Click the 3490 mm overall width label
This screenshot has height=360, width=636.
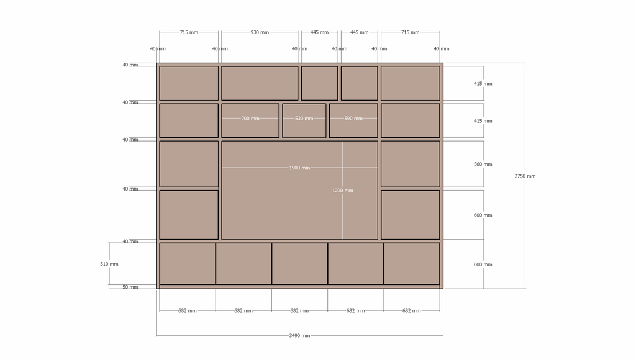[x=299, y=335]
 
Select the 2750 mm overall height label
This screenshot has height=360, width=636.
[x=525, y=176]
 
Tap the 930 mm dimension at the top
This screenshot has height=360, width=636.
[x=260, y=32]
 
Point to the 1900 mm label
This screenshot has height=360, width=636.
[x=299, y=168]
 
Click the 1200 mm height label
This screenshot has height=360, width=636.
[x=342, y=191]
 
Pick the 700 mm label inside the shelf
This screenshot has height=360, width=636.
[x=250, y=119]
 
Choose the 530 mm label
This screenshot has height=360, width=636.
[x=304, y=119]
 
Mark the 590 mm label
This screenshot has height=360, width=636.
[x=353, y=119]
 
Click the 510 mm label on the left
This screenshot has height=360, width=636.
[x=109, y=264]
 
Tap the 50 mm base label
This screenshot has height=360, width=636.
[x=130, y=287]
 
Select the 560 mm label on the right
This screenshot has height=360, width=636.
[x=483, y=164]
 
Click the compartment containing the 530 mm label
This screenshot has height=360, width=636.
[x=304, y=121]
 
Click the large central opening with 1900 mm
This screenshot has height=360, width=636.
[x=300, y=190]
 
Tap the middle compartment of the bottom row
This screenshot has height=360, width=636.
[x=300, y=264]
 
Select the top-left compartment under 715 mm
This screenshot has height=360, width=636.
[x=189, y=83]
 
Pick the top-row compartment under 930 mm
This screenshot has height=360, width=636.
[x=260, y=83]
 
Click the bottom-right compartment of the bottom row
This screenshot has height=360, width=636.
[x=412, y=264]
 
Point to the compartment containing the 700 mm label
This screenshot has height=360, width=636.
[x=250, y=121]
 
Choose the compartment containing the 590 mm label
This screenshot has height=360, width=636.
[x=353, y=121]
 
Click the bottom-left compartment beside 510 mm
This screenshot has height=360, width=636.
[x=188, y=264]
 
